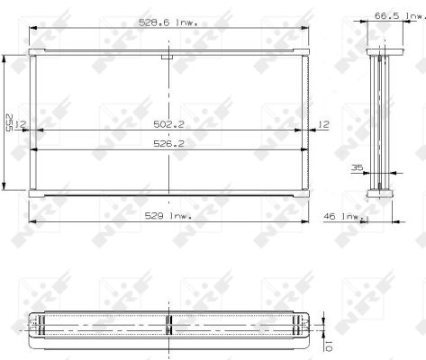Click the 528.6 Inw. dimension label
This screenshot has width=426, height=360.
pyautogui.click(x=168, y=22)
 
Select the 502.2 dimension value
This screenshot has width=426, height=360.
pyautogui.click(x=168, y=124)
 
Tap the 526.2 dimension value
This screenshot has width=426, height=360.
pyautogui.click(x=168, y=144)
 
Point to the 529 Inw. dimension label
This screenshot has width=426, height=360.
pyautogui.click(x=168, y=216)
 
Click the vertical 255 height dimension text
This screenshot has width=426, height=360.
pyautogui.click(x=9, y=122)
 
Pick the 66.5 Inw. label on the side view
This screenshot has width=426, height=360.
pyautogui.click(x=399, y=16)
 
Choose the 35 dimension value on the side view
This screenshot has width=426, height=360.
pyautogui.click(x=357, y=167)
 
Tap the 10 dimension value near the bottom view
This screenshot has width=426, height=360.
pyautogui.click(x=328, y=346)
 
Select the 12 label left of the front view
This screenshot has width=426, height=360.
pyautogui.click(x=21, y=124)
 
